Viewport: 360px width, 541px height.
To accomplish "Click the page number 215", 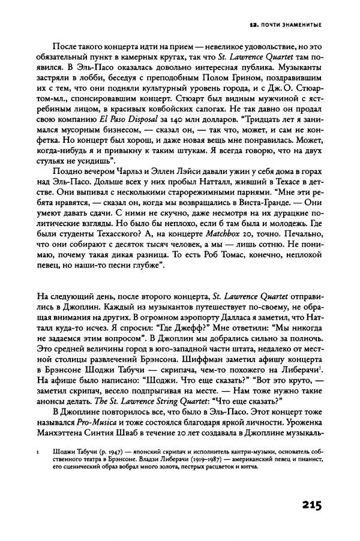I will point(305,504).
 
